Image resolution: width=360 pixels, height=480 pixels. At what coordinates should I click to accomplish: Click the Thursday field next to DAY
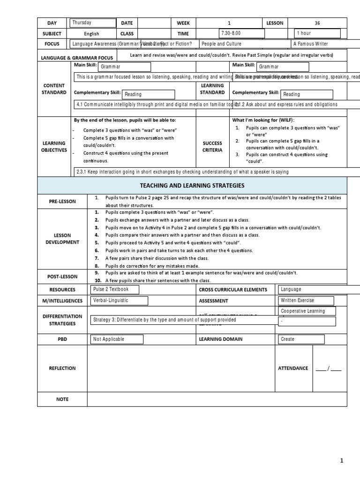(x=93, y=23)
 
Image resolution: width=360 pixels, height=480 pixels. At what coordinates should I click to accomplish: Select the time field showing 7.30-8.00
(x=241, y=33)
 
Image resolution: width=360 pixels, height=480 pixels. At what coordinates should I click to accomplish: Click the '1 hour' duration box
(x=317, y=33)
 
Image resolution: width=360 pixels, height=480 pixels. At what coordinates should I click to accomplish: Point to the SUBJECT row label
(x=52, y=34)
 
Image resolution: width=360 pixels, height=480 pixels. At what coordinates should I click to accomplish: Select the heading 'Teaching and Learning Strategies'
(x=193, y=186)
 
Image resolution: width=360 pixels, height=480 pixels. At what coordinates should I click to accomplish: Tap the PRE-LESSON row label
(x=62, y=202)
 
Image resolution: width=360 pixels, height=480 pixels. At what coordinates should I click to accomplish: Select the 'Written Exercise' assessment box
(x=306, y=300)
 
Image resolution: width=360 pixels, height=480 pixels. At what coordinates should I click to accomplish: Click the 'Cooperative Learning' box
(x=307, y=311)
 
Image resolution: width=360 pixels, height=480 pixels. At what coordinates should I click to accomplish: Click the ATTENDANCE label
(x=293, y=368)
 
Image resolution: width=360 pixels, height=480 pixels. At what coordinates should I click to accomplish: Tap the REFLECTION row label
(x=62, y=368)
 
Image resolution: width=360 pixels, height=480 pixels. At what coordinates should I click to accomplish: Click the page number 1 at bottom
(x=342, y=461)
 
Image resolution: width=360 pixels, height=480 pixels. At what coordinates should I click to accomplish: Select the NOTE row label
(x=62, y=399)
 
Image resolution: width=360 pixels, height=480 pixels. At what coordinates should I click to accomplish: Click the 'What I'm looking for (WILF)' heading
(x=263, y=120)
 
